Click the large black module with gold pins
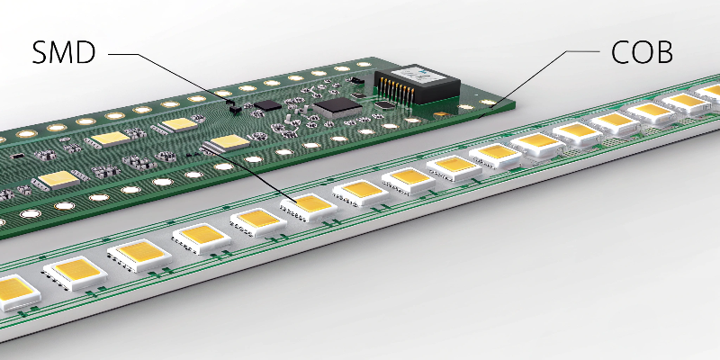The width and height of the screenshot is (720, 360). (x=416, y=86)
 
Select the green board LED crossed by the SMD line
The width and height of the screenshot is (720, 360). (x=229, y=143)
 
